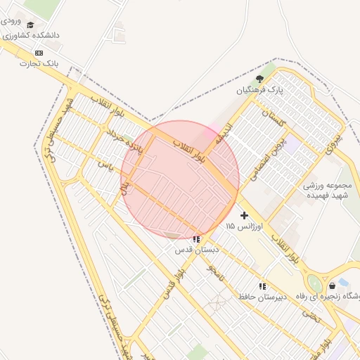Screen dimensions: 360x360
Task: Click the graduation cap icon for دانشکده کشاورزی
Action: (30, 25)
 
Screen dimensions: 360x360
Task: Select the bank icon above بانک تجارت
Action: (38, 53)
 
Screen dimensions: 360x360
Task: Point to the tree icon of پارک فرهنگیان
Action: (259, 79)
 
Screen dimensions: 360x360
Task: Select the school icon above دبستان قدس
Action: (195, 239)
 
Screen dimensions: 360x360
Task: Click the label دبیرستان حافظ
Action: (262, 297)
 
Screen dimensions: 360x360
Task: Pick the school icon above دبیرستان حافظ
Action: (262, 286)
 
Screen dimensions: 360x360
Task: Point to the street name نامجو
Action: (214, 273)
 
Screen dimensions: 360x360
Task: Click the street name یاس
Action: (105, 166)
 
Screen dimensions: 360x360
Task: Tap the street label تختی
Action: (310, 316)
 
